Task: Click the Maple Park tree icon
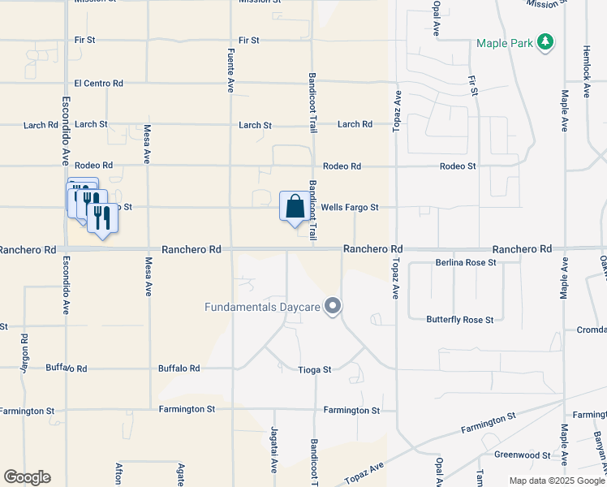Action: (x=547, y=43)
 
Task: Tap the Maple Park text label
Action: (x=506, y=43)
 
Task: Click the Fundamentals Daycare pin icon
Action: (x=332, y=306)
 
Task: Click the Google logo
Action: (x=27, y=477)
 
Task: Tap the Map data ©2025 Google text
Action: (x=556, y=481)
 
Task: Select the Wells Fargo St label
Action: (x=350, y=208)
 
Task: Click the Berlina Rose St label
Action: (x=465, y=262)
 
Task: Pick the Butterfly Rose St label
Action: (x=460, y=320)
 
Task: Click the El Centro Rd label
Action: (x=98, y=83)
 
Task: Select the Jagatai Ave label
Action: (x=273, y=456)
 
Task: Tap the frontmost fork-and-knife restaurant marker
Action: (x=101, y=218)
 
